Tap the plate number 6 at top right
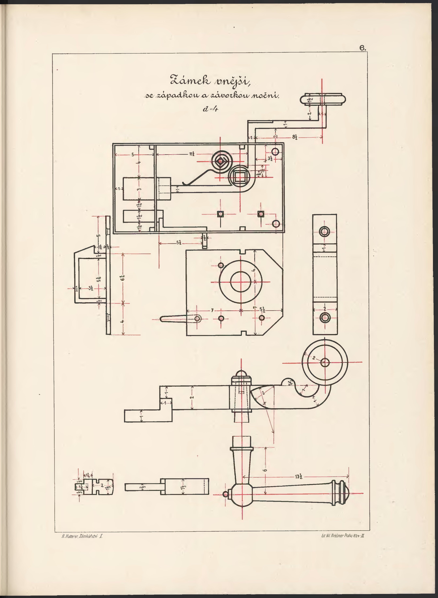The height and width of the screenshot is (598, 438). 362,48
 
